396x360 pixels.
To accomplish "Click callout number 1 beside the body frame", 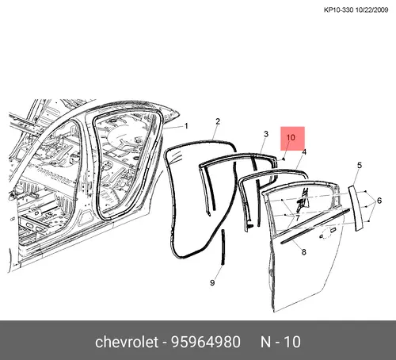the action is point(186,126).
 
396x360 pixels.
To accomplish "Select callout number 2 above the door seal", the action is point(218,121).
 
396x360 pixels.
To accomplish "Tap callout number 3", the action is point(266,134).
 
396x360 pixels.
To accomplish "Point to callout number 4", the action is point(304,152).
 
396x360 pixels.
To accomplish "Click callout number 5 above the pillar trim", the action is point(360,166).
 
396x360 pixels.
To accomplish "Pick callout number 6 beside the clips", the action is point(379,201).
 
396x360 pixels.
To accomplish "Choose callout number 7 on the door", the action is point(298,218).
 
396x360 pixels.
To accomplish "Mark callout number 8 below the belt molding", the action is point(304,252).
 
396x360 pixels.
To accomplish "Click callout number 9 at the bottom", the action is point(212,283).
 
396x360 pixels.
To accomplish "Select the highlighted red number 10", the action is point(291,137).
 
